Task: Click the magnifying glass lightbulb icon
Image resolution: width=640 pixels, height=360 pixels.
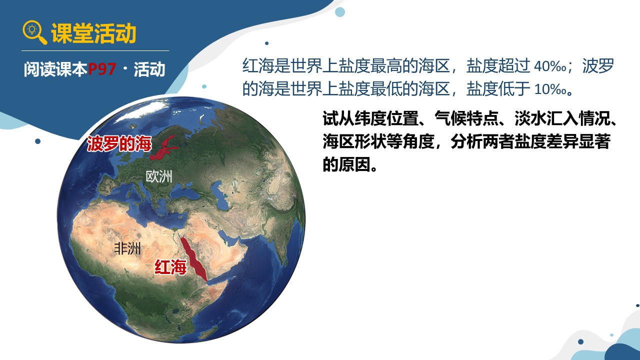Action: [34, 32]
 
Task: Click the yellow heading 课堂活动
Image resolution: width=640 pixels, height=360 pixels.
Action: [93, 33]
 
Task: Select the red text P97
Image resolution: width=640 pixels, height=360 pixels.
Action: [102, 69]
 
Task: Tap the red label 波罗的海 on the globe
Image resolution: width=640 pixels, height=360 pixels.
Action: [119, 143]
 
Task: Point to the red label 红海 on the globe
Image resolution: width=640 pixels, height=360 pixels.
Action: [170, 267]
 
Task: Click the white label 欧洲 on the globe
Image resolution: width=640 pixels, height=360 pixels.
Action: [159, 176]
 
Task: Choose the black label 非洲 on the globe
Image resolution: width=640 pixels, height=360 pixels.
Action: [127, 248]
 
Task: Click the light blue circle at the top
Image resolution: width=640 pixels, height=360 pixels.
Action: [339, 12]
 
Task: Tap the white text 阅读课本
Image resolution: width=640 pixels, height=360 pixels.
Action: [55, 69]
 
